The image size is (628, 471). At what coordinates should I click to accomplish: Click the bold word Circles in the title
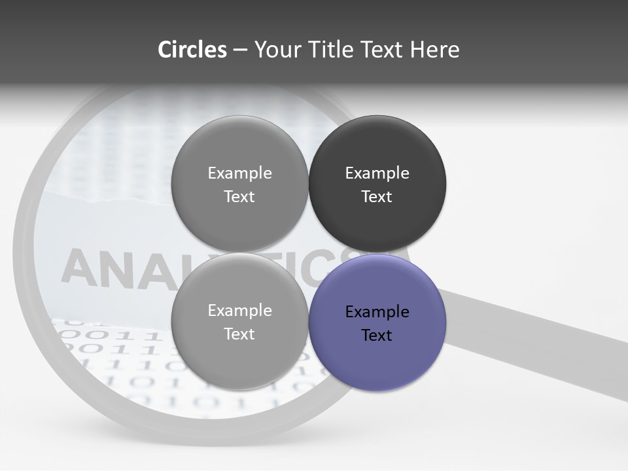pyautogui.click(x=192, y=50)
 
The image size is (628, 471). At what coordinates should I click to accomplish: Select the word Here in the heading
pyautogui.click(x=435, y=50)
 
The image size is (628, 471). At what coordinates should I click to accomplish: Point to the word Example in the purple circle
pyautogui.click(x=377, y=311)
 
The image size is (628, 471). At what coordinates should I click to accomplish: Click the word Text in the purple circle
pyautogui.click(x=377, y=336)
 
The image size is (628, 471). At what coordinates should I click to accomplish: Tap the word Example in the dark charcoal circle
pyautogui.click(x=377, y=173)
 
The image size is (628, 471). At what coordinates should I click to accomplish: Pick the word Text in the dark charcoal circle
pyautogui.click(x=377, y=197)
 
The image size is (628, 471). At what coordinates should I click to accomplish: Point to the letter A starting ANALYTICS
pyautogui.click(x=77, y=268)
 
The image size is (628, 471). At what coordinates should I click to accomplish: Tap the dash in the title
pyautogui.click(x=240, y=50)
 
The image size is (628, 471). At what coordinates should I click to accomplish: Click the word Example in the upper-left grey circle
pyautogui.click(x=239, y=173)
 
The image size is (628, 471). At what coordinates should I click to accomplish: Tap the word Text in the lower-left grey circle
pyautogui.click(x=239, y=334)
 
